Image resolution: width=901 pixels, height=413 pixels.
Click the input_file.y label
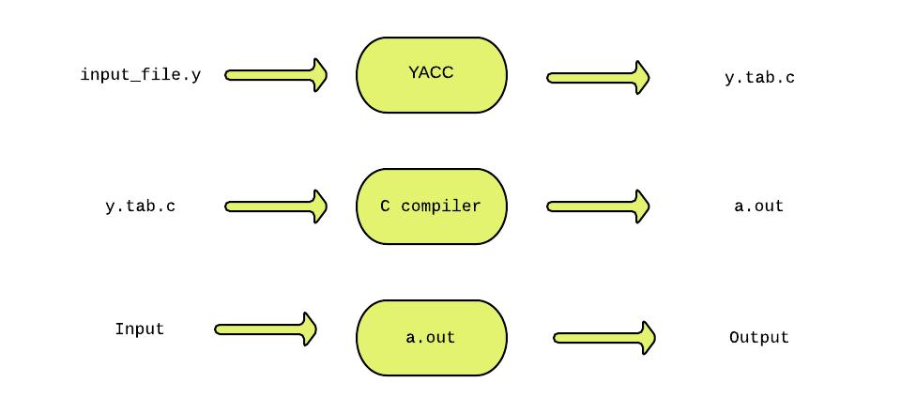(x=141, y=75)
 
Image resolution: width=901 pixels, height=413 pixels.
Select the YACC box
(x=431, y=75)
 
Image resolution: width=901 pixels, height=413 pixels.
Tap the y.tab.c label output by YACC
(x=759, y=78)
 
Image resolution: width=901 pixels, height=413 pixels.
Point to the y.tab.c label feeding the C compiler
(x=140, y=206)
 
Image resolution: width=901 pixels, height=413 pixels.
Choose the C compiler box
(x=431, y=206)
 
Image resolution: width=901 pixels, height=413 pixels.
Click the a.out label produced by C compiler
(x=758, y=206)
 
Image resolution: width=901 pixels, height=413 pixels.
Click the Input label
(x=139, y=329)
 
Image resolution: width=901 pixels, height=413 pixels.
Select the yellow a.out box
(x=431, y=338)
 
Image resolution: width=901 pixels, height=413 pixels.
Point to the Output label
(x=759, y=338)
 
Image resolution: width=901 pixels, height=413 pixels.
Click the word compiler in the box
(x=441, y=206)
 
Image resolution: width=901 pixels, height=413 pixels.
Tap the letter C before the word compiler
(x=386, y=206)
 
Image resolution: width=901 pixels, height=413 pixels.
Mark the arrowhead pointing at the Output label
(x=646, y=338)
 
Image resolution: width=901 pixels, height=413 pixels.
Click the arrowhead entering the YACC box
(x=319, y=75)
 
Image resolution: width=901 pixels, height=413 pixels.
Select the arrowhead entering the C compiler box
(x=319, y=206)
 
